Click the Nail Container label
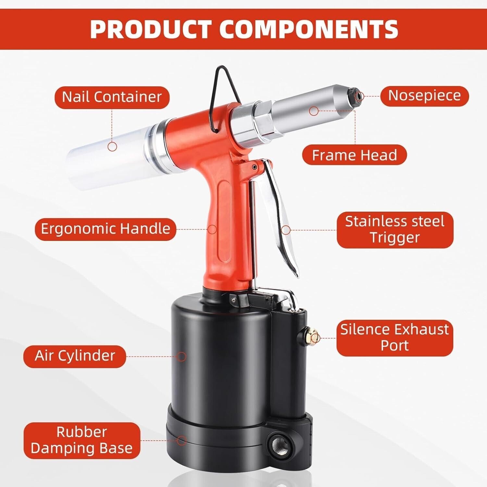pos(112,97)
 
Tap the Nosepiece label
pos(424,96)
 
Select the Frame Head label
pos(354,155)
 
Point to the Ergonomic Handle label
pos(105,229)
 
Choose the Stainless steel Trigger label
pos(394,230)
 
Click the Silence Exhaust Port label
pos(394,338)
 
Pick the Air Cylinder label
pos(75,356)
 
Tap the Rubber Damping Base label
pos(81,440)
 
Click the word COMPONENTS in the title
pos(308,29)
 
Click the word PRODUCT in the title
pos(151,29)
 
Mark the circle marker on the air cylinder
pos(182,356)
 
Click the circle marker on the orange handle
pos(212,229)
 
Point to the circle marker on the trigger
pos(286,230)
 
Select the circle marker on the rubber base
pos(182,441)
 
